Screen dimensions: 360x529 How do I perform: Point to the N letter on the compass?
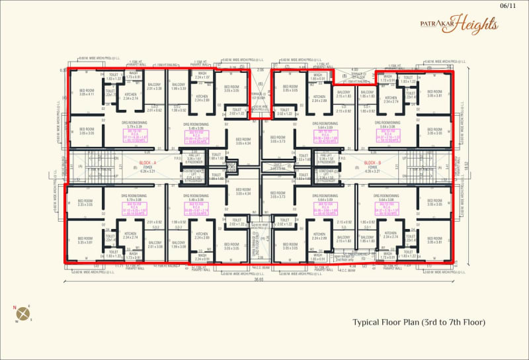click(x=15, y=307)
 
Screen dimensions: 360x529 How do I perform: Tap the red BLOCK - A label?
click(x=147, y=162)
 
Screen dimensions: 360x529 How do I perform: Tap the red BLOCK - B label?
click(x=371, y=162)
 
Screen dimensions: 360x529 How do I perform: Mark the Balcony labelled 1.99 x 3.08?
click(x=179, y=245)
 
